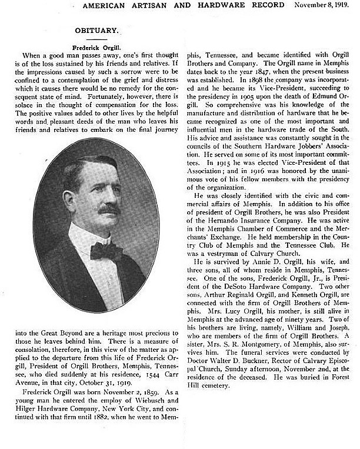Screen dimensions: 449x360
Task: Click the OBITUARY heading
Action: coord(96,30)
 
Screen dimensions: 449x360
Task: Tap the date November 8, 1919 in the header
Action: coord(322,5)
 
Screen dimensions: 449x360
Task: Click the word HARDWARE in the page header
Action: coord(224,5)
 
